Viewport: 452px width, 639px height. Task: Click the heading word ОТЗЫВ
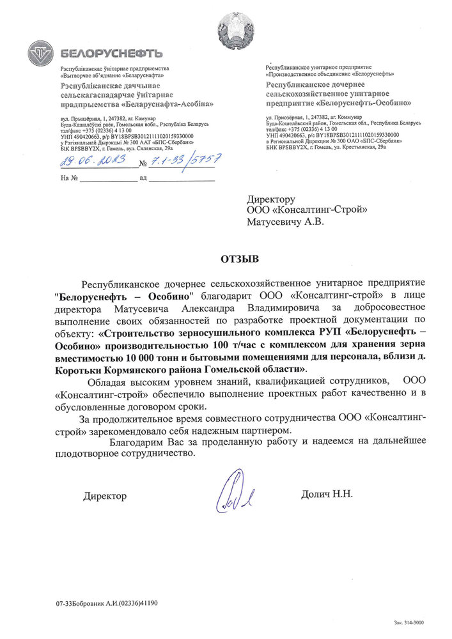pyautogui.click(x=240, y=259)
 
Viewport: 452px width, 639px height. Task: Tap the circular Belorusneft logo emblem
pyautogui.click(x=42, y=52)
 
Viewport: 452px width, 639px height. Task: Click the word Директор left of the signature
pyautogui.click(x=105, y=496)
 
